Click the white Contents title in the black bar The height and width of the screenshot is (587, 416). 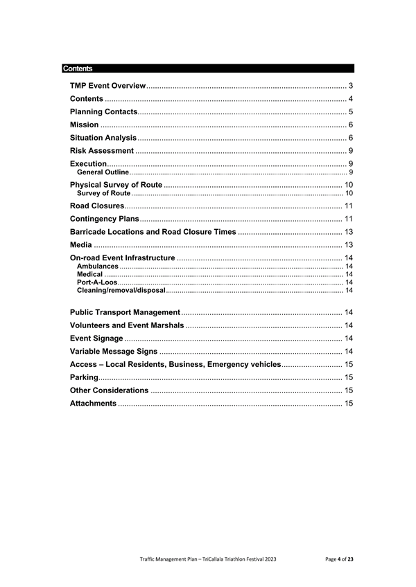tap(77, 69)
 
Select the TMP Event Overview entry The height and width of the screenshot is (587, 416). tap(107, 85)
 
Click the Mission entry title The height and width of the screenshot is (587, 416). tap(84, 125)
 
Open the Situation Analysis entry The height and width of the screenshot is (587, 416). tap(103, 138)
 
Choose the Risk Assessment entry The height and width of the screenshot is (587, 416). tap(102, 151)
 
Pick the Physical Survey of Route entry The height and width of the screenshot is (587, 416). tap(116, 185)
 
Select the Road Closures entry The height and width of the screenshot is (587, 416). tap(97, 206)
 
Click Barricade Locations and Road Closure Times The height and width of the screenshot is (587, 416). tap(153, 232)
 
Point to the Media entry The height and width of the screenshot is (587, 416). tap(81, 245)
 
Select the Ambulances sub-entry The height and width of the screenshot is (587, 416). tap(98, 266)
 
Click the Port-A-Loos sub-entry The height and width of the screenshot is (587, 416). tap(97, 282)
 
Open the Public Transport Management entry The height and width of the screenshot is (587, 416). tap(125, 312)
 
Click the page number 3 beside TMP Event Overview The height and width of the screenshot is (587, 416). tap(351, 85)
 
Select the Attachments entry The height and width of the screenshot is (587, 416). tap(94, 403)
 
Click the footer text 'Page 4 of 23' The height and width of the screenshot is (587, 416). tap(339, 558)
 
